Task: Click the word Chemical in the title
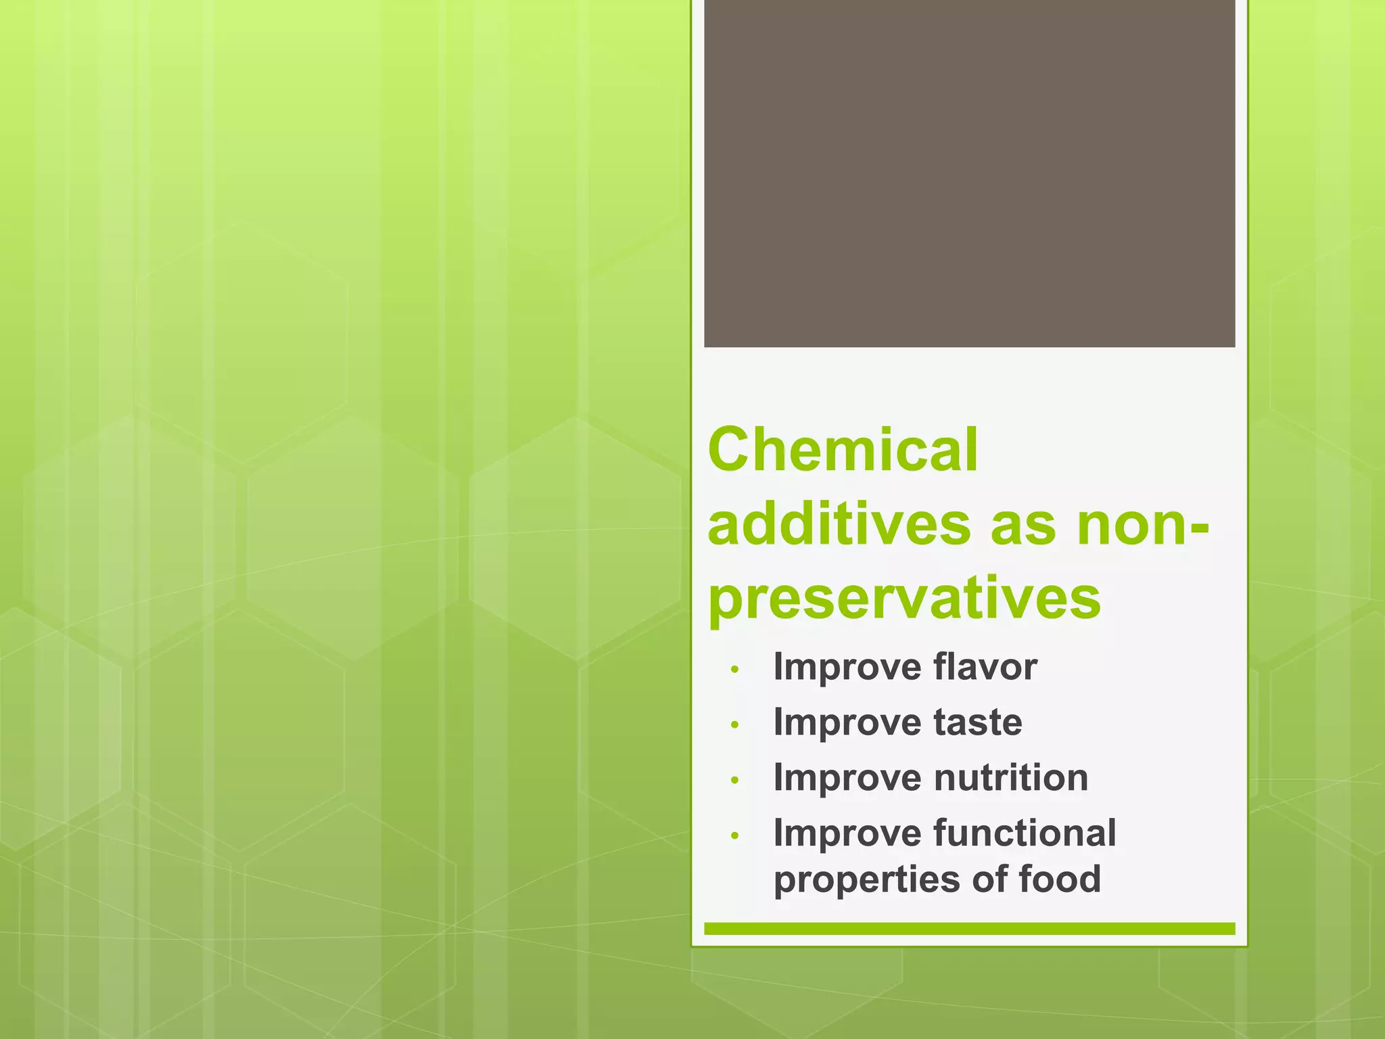click(843, 451)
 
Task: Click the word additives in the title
click(839, 525)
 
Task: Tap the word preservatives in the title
click(905, 598)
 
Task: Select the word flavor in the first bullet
click(985, 667)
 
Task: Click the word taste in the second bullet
click(978, 722)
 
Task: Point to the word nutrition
click(1011, 777)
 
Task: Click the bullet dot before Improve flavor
click(736, 670)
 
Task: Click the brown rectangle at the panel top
click(969, 172)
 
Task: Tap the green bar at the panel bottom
click(969, 929)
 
